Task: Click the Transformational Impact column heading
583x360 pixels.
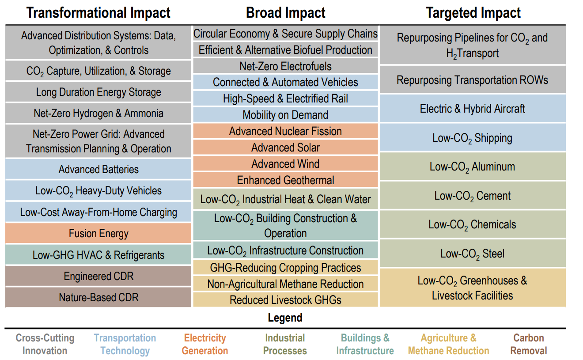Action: click(x=98, y=13)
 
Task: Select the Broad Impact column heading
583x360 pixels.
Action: click(x=285, y=13)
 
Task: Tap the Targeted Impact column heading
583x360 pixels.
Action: click(x=473, y=13)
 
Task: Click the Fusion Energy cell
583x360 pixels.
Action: click(x=98, y=233)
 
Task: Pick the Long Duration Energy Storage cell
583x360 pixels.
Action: click(x=98, y=92)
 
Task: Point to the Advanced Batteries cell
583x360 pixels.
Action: click(x=98, y=169)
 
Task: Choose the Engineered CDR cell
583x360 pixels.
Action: click(x=98, y=276)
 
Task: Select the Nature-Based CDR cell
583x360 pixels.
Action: click(x=98, y=297)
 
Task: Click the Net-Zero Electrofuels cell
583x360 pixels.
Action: click(x=285, y=66)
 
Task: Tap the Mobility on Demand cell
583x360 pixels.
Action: click(x=285, y=115)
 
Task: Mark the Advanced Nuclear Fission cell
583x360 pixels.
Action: click(x=285, y=131)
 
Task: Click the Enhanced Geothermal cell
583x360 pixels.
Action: click(x=285, y=180)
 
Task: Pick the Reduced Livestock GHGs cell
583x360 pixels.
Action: click(x=285, y=300)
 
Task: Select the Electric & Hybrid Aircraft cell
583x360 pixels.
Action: click(x=473, y=109)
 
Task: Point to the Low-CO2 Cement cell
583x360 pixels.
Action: click(x=473, y=196)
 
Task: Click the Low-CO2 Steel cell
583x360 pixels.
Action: click(x=473, y=254)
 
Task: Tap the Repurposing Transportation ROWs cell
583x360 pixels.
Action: click(x=473, y=80)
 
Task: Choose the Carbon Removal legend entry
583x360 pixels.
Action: click(x=528, y=345)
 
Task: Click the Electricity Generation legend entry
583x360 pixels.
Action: click(x=205, y=345)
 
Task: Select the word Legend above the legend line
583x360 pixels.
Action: click(x=285, y=318)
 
